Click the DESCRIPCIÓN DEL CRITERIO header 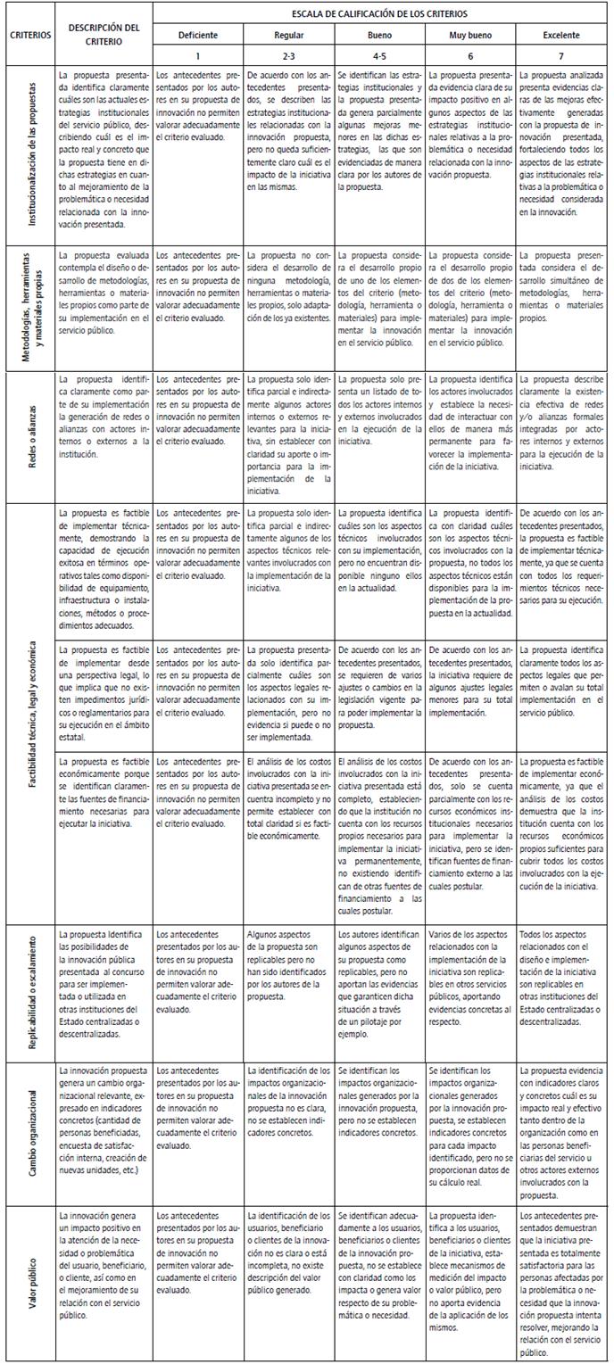point(103,33)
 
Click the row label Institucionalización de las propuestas point(29,153)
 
